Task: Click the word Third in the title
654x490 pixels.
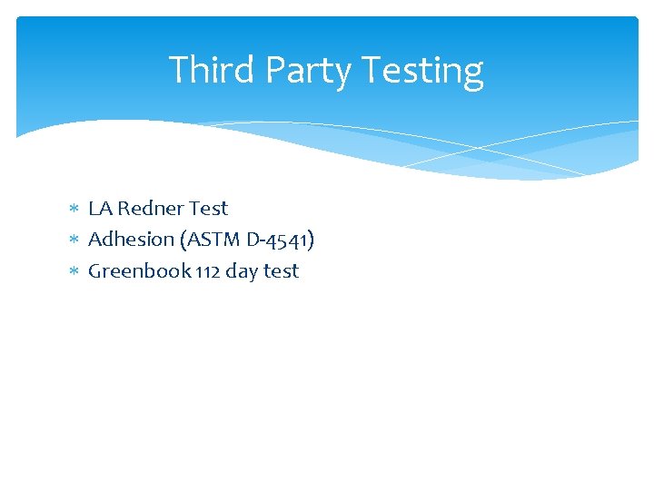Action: pos(203,70)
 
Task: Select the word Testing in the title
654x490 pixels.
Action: pos(422,70)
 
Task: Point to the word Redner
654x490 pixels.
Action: pos(150,209)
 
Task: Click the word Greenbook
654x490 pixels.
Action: pos(139,271)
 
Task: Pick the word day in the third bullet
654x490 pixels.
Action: pos(243,271)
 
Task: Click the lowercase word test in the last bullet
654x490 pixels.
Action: pos(282,271)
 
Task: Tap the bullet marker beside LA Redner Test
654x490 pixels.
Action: pos(75,210)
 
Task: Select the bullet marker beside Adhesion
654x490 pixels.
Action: pos(75,240)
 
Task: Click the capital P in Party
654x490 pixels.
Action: pos(270,70)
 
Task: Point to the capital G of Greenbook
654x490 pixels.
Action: pos(95,271)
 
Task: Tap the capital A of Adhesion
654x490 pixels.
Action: pos(94,240)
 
